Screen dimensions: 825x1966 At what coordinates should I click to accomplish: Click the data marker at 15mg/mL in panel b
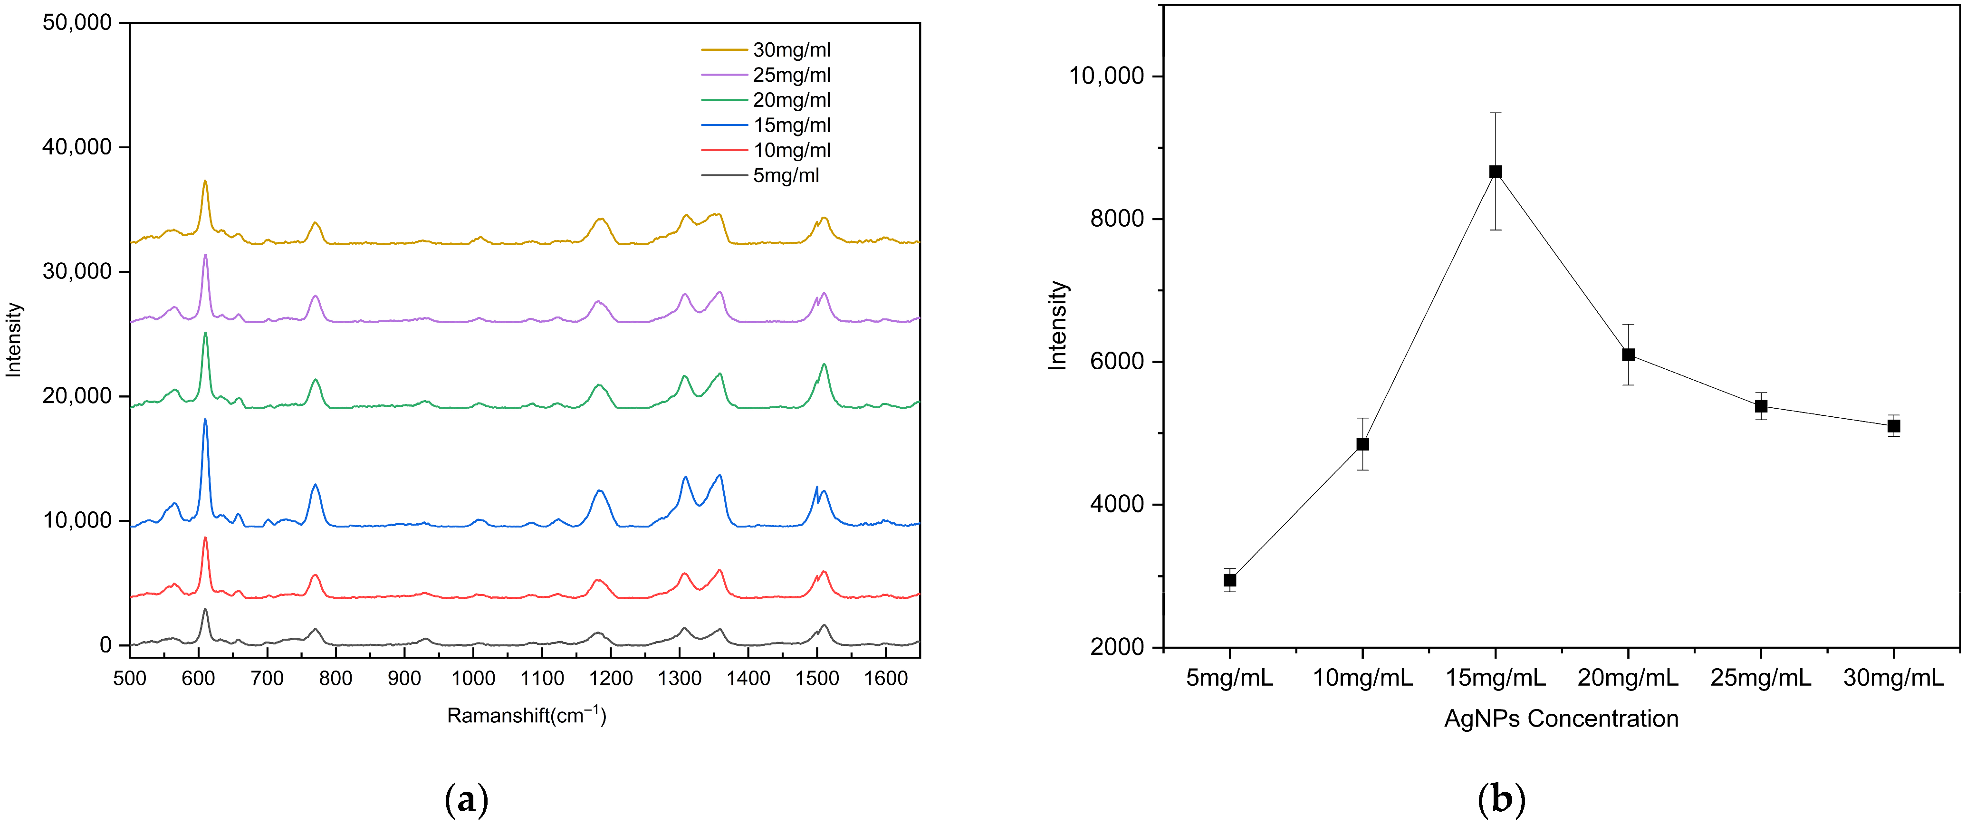tap(1495, 172)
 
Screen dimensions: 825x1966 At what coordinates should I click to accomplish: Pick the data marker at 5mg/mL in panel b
tap(1229, 580)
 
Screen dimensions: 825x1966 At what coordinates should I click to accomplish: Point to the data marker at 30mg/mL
tap(1893, 426)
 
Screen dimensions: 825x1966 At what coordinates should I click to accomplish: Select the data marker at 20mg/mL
tap(1628, 355)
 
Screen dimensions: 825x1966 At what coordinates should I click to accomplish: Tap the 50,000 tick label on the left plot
tap(77, 23)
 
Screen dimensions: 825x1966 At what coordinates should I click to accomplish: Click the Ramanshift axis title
tap(526, 716)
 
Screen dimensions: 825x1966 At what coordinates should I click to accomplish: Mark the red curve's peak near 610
tap(204, 539)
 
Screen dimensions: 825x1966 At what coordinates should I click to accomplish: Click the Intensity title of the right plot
tap(1058, 326)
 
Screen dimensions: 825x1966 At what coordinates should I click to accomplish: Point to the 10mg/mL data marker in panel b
tap(1362, 444)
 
